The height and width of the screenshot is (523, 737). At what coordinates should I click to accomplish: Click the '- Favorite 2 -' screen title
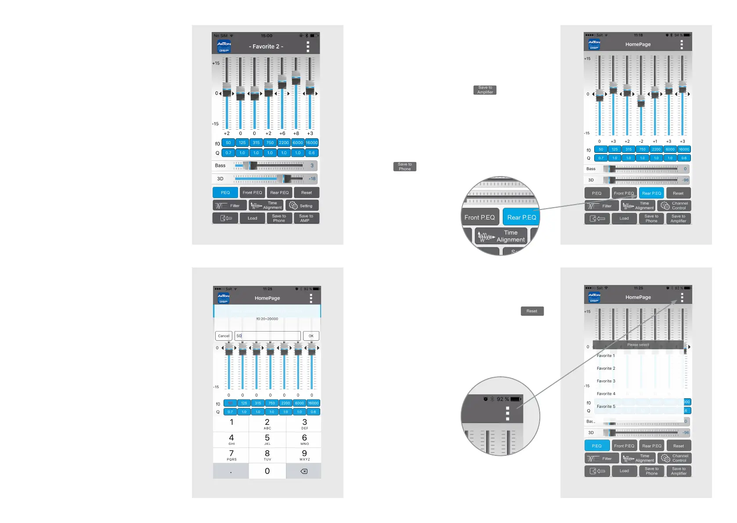tap(266, 47)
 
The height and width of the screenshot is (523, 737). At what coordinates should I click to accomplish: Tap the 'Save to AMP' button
tap(306, 218)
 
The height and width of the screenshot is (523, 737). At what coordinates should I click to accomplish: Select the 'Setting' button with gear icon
tap(302, 206)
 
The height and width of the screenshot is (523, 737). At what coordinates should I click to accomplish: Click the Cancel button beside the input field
tap(224, 336)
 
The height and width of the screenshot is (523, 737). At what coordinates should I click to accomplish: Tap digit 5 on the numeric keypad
tap(267, 439)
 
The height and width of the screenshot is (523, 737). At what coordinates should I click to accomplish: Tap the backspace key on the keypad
tap(303, 471)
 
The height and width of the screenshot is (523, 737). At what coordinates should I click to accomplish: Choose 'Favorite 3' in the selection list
tap(606, 381)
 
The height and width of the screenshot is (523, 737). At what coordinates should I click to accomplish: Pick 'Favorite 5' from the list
tap(606, 407)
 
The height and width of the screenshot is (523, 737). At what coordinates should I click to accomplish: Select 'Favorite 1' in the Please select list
tap(606, 356)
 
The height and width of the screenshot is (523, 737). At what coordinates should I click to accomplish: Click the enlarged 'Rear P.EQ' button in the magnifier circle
tap(521, 217)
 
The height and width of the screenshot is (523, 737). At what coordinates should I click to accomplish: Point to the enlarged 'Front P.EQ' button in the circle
tap(480, 217)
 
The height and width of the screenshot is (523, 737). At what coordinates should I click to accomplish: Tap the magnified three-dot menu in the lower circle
tap(507, 413)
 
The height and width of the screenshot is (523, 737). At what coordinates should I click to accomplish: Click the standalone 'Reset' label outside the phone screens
tap(532, 311)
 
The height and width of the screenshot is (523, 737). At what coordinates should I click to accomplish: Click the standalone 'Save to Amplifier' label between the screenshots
tap(485, 90)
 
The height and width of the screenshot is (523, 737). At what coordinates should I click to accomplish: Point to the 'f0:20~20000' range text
tap(267, 319)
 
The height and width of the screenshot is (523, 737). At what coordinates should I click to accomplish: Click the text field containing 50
tap(267, 336)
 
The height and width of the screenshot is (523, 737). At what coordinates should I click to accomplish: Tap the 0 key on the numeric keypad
tap(267, 471)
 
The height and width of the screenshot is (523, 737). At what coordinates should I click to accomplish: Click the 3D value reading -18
tap(312, 179)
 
